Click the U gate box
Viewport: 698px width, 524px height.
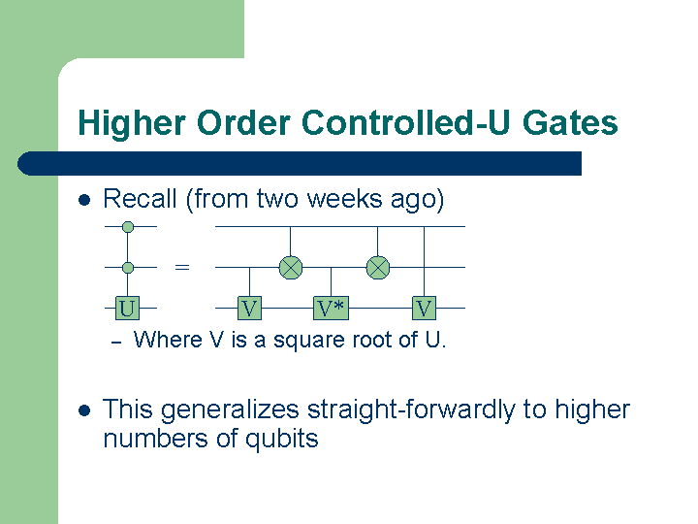[x=126, y=309]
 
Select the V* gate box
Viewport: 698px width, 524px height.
[x=332, y=309]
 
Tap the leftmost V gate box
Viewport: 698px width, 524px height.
[x=250, y=309]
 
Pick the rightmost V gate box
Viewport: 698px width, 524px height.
[x=424, y=309]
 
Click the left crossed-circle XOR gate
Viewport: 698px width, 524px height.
[x=291, y=267]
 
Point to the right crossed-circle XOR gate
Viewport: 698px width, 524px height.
[x=377, y=267]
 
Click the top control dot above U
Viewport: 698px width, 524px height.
[x=127, y=226]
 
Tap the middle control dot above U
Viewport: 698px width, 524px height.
[x=127, y=267]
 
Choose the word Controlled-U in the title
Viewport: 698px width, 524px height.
[x=397, y=124]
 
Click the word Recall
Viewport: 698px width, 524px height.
[x=140, y=200]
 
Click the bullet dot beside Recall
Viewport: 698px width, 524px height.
[x=83, y=201]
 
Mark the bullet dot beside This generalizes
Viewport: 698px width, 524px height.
[x=83, y=410]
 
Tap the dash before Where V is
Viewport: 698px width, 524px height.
[x=114, y=342]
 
